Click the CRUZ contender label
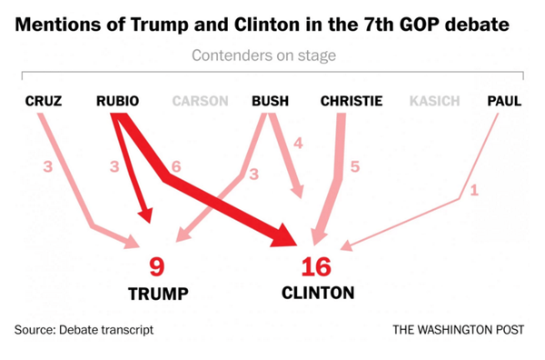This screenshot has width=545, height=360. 44,100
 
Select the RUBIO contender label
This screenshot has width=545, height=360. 117,100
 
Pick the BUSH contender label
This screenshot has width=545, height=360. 270,100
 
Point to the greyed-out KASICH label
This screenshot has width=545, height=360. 434,100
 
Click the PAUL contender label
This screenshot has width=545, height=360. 504,100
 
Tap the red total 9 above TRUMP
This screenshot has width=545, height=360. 157,267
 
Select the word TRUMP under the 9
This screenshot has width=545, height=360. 157,294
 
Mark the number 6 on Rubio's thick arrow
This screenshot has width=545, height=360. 175,167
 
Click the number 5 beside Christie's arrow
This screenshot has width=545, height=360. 356,166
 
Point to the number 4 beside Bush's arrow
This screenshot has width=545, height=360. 298,143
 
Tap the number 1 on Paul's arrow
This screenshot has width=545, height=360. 473,191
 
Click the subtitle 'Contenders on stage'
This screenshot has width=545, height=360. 263,56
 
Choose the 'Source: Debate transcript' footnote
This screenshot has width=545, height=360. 84,329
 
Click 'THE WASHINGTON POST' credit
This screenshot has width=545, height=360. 459,329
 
